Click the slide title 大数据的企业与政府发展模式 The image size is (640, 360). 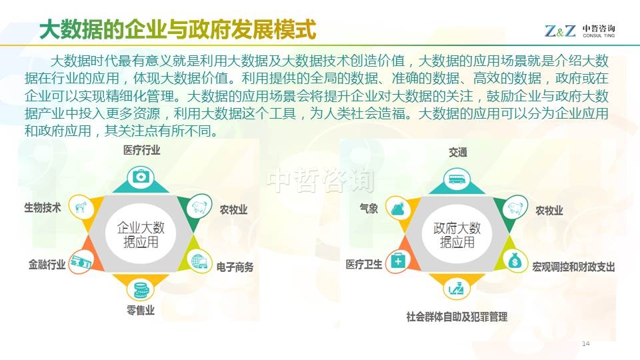177,29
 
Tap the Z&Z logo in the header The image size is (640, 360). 560,31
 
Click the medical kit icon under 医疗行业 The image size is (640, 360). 141,177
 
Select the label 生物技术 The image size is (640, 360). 43,207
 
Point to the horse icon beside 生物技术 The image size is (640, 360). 81,207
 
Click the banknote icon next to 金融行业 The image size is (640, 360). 81,263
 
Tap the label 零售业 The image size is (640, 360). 141,310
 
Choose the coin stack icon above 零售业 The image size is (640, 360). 141,289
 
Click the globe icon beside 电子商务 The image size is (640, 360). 199,261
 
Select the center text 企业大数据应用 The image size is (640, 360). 141,234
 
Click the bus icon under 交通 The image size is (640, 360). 457,179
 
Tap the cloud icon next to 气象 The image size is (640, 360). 397,209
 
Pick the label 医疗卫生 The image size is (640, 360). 364,265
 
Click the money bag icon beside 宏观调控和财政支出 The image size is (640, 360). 515,260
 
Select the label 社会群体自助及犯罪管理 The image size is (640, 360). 457,317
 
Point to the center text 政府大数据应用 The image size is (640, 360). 457,235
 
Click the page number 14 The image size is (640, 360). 586,344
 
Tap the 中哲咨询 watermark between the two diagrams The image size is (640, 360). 320,180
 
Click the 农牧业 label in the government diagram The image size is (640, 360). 549,211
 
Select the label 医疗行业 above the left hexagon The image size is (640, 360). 141,150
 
